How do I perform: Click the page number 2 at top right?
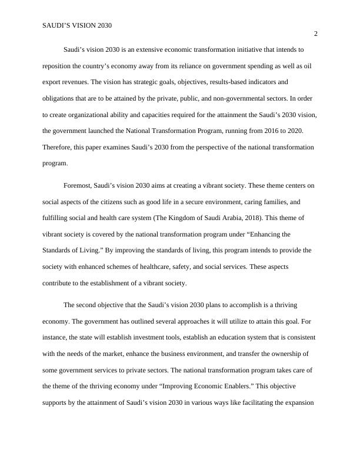pyautogui.click(x=315, y=34)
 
